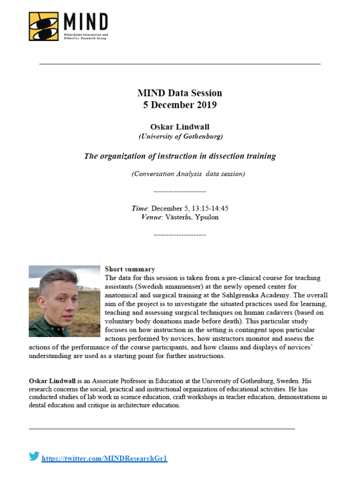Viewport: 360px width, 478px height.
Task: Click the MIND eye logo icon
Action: tap(43, 26)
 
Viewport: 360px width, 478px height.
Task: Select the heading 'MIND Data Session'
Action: tap(180, 93)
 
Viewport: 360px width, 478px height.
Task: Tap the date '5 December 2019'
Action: tap(180, 105)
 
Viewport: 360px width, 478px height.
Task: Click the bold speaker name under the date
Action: tap(180, 127)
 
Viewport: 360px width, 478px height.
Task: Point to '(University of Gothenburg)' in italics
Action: tap(180, 136)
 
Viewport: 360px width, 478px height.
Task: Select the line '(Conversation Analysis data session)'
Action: tap(188, 174)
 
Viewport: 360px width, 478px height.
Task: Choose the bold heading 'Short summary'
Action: tap(130, 269)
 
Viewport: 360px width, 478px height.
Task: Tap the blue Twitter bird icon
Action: tap(34, 457)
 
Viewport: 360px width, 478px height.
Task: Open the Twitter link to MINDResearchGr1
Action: tap(104, 458)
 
